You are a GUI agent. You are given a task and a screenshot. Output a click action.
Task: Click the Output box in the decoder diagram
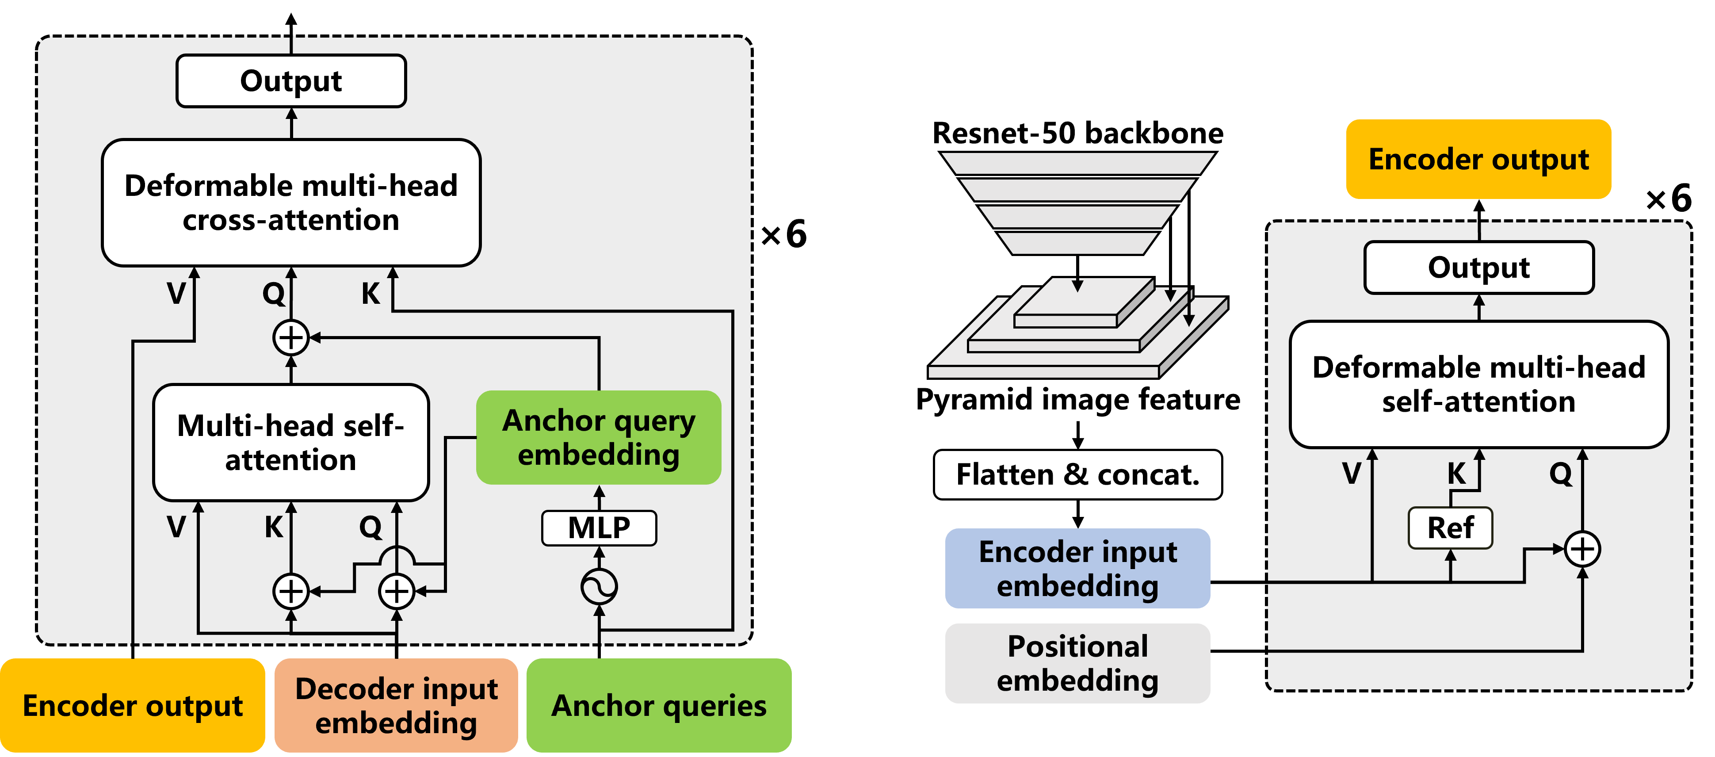(x=291, y=80)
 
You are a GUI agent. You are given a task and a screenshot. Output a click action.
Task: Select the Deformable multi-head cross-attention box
(x=291, y=203)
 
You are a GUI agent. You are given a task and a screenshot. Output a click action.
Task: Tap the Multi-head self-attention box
(x=290, y=442)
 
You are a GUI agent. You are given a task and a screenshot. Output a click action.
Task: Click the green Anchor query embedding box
(x=599, y=437)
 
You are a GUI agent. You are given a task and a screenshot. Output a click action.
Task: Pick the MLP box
(x=599, y=528)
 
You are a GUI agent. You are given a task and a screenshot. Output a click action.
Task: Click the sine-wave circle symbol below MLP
(x=599, y=587)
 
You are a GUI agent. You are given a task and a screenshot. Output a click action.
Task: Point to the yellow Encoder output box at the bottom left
(x=133, y=706)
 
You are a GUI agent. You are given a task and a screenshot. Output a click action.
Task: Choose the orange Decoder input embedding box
(x=396, y=706)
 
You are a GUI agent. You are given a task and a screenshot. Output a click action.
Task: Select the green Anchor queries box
(x=658, y=706)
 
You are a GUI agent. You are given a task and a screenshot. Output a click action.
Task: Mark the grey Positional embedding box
(x=1077, y=663)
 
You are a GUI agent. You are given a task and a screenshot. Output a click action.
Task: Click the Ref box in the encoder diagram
(x=1450, y=528)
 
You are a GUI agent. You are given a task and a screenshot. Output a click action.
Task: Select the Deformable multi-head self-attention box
(x=1478, y=384)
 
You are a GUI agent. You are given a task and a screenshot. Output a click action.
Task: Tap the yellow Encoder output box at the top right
(x=1478, y=159)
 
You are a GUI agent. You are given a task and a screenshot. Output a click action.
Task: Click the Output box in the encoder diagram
(x=1478, y=268)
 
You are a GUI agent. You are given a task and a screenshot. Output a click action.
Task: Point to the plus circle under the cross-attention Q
(x=291, y=337)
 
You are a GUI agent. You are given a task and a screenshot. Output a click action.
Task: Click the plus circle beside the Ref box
(x=1582, y=549)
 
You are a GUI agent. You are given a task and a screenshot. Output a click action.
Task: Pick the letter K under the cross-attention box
(x=370, y=294)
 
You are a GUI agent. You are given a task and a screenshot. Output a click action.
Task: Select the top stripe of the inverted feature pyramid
(x=1077, y=163)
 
